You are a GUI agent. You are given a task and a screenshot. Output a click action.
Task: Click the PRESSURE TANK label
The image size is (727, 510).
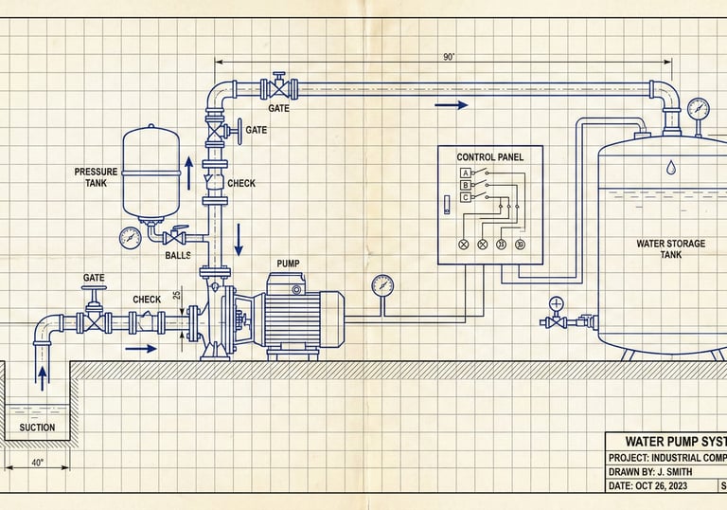click(97, 177)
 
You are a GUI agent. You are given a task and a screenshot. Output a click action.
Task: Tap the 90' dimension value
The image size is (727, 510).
click(449, 57)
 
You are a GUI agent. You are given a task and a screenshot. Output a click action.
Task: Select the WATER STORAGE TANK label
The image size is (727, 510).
click(670, 249)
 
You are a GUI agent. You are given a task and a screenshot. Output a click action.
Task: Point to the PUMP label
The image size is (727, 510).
click(289, 263)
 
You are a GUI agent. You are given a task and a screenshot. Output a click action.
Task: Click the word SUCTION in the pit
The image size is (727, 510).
click(37, 428)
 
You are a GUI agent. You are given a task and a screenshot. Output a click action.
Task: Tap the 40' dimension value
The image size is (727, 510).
click(37, 464)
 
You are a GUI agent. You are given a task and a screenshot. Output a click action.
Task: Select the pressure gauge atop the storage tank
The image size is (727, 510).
click(698, 106)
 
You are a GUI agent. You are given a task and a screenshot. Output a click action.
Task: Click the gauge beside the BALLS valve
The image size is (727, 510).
click(131, 237)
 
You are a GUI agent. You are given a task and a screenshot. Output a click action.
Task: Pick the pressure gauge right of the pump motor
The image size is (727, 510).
click(382, 283)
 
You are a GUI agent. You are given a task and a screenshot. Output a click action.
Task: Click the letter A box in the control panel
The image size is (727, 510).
click(465, 173)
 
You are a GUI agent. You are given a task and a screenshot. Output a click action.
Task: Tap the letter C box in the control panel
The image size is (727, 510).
click(465, 197)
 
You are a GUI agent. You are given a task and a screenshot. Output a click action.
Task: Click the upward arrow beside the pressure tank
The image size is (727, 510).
click(188, 172)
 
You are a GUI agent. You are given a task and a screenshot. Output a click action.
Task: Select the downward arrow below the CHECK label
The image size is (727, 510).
click(239, 234)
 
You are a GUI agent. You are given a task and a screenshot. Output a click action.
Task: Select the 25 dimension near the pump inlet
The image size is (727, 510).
click(177, 296)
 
